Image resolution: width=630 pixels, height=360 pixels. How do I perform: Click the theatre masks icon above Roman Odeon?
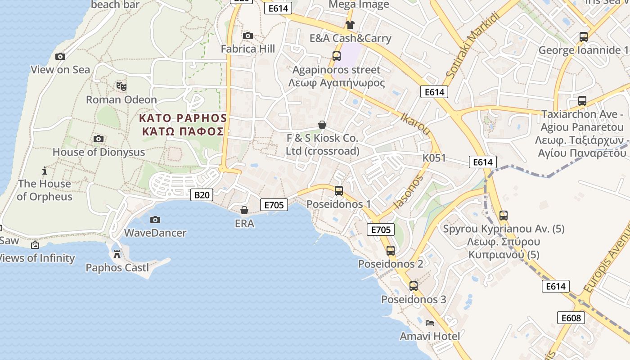(x=121, y=86)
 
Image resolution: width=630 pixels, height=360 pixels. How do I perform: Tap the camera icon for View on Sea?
(x=60, y=56)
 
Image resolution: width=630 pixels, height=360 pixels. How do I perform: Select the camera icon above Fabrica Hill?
(x=247, y=36)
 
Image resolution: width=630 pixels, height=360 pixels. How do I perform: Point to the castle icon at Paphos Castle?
(x=117, y=254)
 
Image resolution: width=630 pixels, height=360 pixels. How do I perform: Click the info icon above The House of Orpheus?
(x=44, y=171)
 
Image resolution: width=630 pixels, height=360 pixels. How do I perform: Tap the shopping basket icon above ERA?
(x=244, y=210)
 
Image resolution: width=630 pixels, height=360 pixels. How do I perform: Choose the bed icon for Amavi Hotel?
(x=430, y=323)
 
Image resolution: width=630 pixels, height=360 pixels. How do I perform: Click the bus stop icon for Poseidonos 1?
(x=339, y=191)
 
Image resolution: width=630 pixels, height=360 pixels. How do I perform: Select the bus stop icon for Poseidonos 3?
(x=414, y=286)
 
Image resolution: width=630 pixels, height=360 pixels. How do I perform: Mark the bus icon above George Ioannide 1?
(x=584, y=37)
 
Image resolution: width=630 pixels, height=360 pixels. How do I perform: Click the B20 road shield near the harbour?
(x=202, y=195)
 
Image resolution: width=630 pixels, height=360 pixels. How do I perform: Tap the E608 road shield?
(x=571, y=318)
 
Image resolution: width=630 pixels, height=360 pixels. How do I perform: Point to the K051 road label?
(x=434, y=158)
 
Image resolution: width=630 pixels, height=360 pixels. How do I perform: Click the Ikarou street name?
(x=415, y=124)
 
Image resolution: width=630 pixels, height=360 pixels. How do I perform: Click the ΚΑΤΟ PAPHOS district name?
(x=183, y=118)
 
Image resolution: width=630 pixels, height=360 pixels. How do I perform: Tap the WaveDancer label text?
(x=155, y=233)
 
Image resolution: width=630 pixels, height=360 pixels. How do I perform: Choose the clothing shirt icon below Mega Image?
(x=350, y=24)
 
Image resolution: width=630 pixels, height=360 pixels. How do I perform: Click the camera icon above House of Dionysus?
(x=99, y=139)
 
